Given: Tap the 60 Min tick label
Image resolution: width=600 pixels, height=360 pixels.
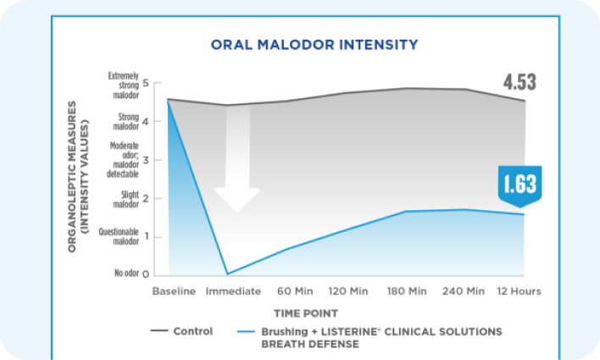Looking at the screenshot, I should (291, 291).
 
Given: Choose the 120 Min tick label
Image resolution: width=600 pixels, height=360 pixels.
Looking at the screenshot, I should (348, 291).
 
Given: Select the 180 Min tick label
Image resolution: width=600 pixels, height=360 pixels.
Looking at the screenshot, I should (407, 291).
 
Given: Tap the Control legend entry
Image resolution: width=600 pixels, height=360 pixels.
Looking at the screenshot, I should (181, 331).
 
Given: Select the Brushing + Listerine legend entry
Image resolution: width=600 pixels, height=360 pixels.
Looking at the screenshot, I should (373, 337).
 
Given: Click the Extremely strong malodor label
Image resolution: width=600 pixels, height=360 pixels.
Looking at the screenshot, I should (123, 84).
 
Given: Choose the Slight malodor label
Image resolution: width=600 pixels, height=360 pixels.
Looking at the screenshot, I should (125, 199).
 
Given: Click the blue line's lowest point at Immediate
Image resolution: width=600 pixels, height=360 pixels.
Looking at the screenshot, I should (227, 274).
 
